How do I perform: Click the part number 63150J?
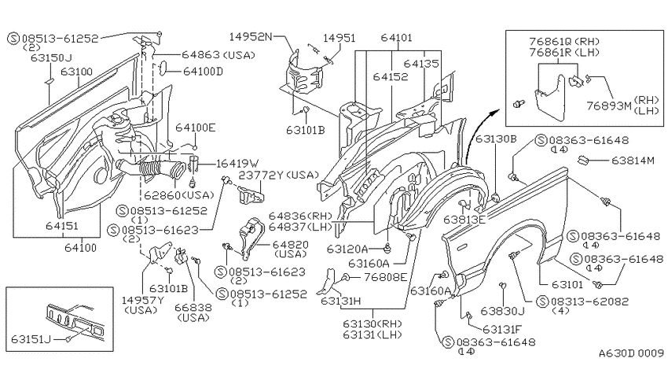(x=51, y=57)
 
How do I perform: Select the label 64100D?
(x=203, y=72)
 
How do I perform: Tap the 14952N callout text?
(x=251, y=36)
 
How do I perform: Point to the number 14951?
(x=340, y=38)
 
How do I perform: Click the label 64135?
(x=421, y=64)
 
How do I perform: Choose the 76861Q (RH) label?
(x=564, y=42)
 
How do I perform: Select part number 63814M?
(x=633, y=161)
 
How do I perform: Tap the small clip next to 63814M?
(x=583, y=161)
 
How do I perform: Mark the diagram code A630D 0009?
(x=631, y=353)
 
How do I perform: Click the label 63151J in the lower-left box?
(x=31, y=339)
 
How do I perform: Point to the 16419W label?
(x=237, y=164)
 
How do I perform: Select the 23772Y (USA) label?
(x=279, y=175)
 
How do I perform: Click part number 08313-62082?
(x=589, y=301)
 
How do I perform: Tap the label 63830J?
(x=502, y=311)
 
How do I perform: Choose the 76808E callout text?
(x=386, y=277)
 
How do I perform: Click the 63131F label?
(x=502, y=329)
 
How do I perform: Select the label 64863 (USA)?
(x=218, y=54)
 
